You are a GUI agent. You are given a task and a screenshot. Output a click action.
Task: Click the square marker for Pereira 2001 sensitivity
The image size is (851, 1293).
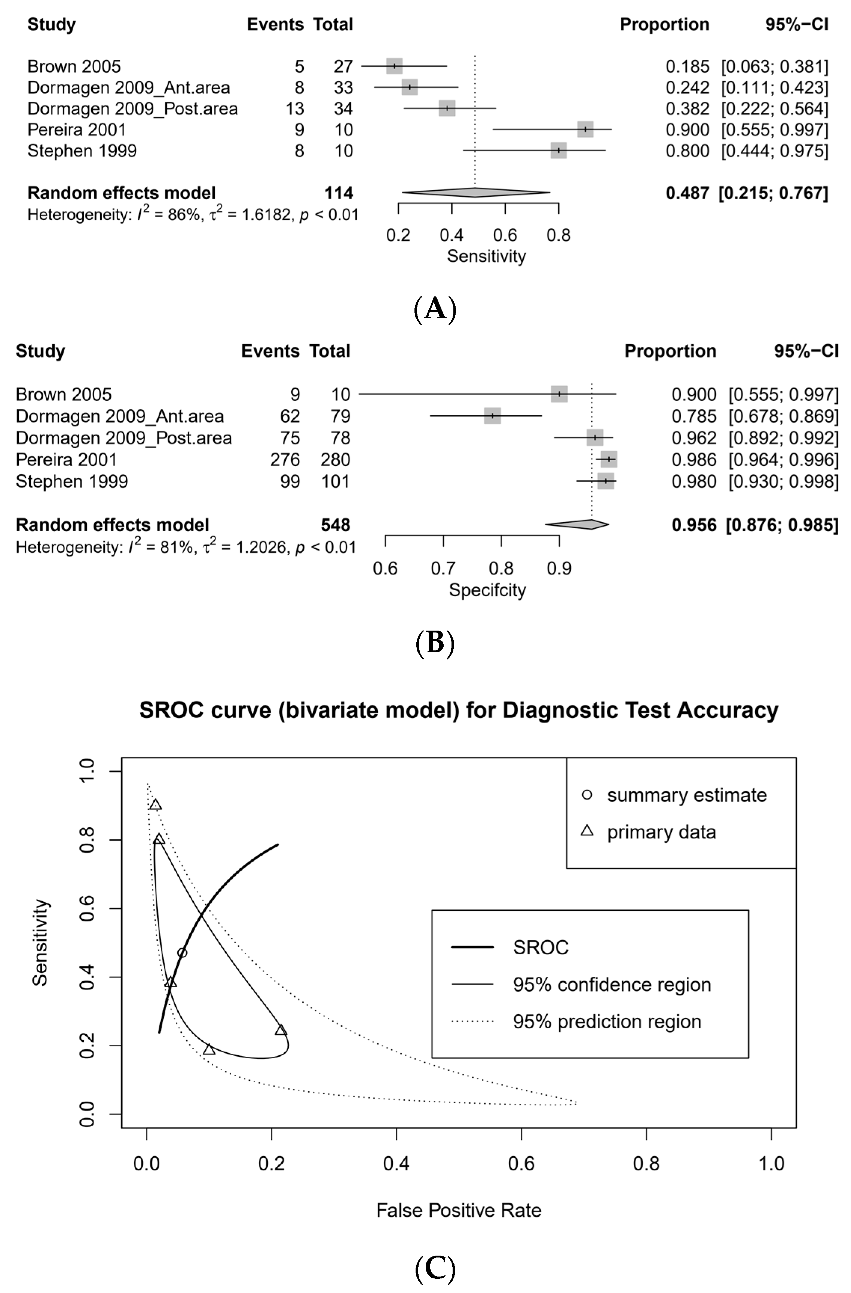pyautogui.click(x=585, y=129)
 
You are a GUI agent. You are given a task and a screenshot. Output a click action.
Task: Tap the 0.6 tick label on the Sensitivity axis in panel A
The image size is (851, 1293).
pyautogui.click(x=505, y=235)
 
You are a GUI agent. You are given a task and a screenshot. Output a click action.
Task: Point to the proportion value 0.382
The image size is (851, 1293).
pyautogui.click(x=687, y=109)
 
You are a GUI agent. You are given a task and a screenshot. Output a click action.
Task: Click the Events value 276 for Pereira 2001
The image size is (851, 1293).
pyautogui.click(x=285, y=460)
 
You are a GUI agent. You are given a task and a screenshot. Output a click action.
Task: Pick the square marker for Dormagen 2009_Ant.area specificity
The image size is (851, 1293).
pyautogui.click(x=492, y=416)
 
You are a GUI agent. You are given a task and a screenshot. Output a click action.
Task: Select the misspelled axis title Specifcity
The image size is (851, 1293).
pyautogui.click(x=487, y=590)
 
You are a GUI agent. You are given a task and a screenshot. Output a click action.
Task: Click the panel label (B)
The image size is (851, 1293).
pyautogui.click(x=434, y=643)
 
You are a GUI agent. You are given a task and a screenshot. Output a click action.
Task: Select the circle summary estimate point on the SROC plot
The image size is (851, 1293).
pyautogui.click(x=182, y=953)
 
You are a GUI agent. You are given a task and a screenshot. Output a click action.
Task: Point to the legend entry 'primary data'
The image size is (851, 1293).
pyautogui.click(x=661, y=832)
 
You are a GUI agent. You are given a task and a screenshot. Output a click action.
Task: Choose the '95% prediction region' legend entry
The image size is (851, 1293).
pyautogui.click(x=606, y=1021)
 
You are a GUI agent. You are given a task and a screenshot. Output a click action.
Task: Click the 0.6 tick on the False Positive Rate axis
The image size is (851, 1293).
pyautogui.click(x=521, y=1164)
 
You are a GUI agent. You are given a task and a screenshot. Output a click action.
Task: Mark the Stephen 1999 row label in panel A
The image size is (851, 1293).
pyautogui.click(x=82, y=151)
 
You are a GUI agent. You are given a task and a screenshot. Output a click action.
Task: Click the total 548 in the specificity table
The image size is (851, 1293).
pyautogui.click(x=336, y=525)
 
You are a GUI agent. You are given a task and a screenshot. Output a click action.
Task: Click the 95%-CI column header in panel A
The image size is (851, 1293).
pyautogui.click(x=797, y=24)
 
